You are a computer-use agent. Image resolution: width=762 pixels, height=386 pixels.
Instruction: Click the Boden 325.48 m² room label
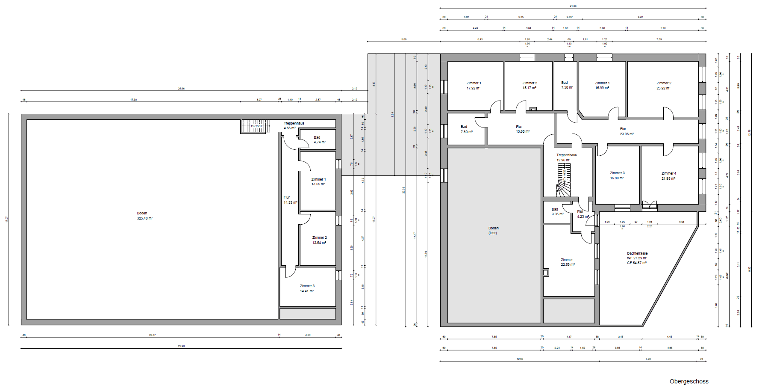pyautogui.click(x=144, y=216)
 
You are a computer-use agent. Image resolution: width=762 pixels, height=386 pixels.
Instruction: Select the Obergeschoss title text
pyautogui.click(x=689, y=381)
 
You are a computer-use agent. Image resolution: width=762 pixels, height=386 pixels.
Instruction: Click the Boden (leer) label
pyautogui.click(x=493, y=231)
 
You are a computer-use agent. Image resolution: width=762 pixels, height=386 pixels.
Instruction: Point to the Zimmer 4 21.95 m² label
pyautogui.click(x=668, y=176)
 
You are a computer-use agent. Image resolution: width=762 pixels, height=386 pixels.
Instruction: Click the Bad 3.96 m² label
pyautogui.click(x=557, y=212)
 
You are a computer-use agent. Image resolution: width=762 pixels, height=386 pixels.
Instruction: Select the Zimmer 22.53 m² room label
pyautogui.click(x=567, y=262)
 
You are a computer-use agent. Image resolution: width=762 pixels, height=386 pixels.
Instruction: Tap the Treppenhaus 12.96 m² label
pyautogui.click(x=566, y=157)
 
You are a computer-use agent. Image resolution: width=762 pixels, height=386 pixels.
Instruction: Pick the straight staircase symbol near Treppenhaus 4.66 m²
pyautogui.click(x=256, y=126)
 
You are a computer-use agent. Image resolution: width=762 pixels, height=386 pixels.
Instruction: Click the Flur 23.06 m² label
pyautogui.click(x=627, y=131)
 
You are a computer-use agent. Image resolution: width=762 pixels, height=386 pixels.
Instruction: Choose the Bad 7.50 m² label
pyautogui.click(x=567, y=85)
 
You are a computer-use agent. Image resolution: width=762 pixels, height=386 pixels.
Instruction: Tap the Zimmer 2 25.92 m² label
pyautogui.click(x=663, y=86)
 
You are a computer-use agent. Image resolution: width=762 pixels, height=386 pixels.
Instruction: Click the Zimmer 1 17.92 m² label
pyautogui.click(x=474, y=86)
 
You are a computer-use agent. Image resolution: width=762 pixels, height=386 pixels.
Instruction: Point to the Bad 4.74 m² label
pyautogui.click(x=319, y=140)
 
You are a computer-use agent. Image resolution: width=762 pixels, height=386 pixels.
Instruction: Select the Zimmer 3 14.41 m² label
pyautogui.click(x=307, y=288)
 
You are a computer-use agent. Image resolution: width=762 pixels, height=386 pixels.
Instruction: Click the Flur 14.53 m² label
pyautogui.click(x=290, y=200)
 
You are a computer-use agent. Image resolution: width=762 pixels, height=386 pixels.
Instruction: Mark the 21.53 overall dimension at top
pyautogui.click(x=573, y=6)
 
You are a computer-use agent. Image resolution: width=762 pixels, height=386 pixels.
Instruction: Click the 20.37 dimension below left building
pyautogui.click(x=152, y=335)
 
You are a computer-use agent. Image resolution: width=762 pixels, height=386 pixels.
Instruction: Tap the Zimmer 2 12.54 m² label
pyautogui.click(x=319, y=240)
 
